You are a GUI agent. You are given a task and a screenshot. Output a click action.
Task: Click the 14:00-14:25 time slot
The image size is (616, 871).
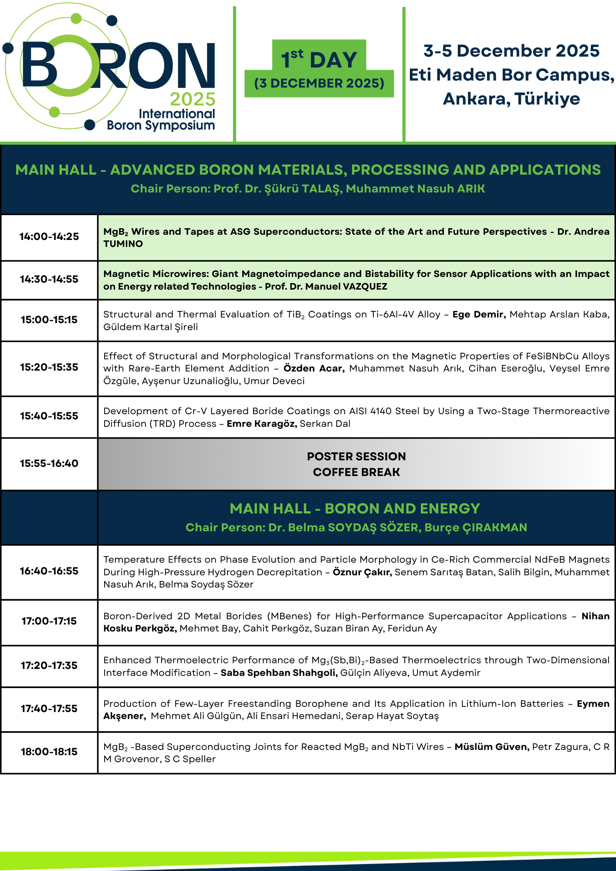(49, 236)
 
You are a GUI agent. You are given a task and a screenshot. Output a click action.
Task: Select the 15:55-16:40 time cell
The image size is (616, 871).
(49, 463)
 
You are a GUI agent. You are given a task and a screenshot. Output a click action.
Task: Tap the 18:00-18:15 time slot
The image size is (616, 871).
(49, 752)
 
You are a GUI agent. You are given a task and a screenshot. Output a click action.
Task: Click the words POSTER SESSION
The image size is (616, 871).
(356, 456)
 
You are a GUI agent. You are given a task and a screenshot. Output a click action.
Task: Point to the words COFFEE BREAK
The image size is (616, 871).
(356, 472)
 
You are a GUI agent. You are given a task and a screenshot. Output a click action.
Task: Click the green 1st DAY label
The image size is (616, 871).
(319, 59)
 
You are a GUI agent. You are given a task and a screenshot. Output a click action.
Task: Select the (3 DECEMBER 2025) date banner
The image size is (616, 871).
(319, 83)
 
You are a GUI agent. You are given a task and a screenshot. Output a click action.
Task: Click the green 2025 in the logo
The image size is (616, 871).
(193, 100)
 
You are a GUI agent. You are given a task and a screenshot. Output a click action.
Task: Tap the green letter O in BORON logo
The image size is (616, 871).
(69, 65)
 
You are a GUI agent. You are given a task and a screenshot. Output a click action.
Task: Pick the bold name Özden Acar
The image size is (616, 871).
(314, 368)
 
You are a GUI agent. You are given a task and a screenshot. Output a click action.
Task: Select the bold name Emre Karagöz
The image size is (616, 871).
(262, 424)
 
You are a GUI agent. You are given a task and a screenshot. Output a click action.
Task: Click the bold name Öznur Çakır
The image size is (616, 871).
(362, 572)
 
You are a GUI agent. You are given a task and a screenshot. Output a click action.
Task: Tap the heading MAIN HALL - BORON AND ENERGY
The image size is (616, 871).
(355, 508)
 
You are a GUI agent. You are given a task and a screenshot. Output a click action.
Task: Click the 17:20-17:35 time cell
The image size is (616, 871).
(49, 665)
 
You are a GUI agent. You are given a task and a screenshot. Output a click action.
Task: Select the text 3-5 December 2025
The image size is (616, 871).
(511, 51)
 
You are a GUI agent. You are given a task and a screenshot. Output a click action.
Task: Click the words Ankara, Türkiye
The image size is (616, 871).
(511, 99)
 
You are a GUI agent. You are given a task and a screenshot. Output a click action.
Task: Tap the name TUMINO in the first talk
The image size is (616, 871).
(123, 244)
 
